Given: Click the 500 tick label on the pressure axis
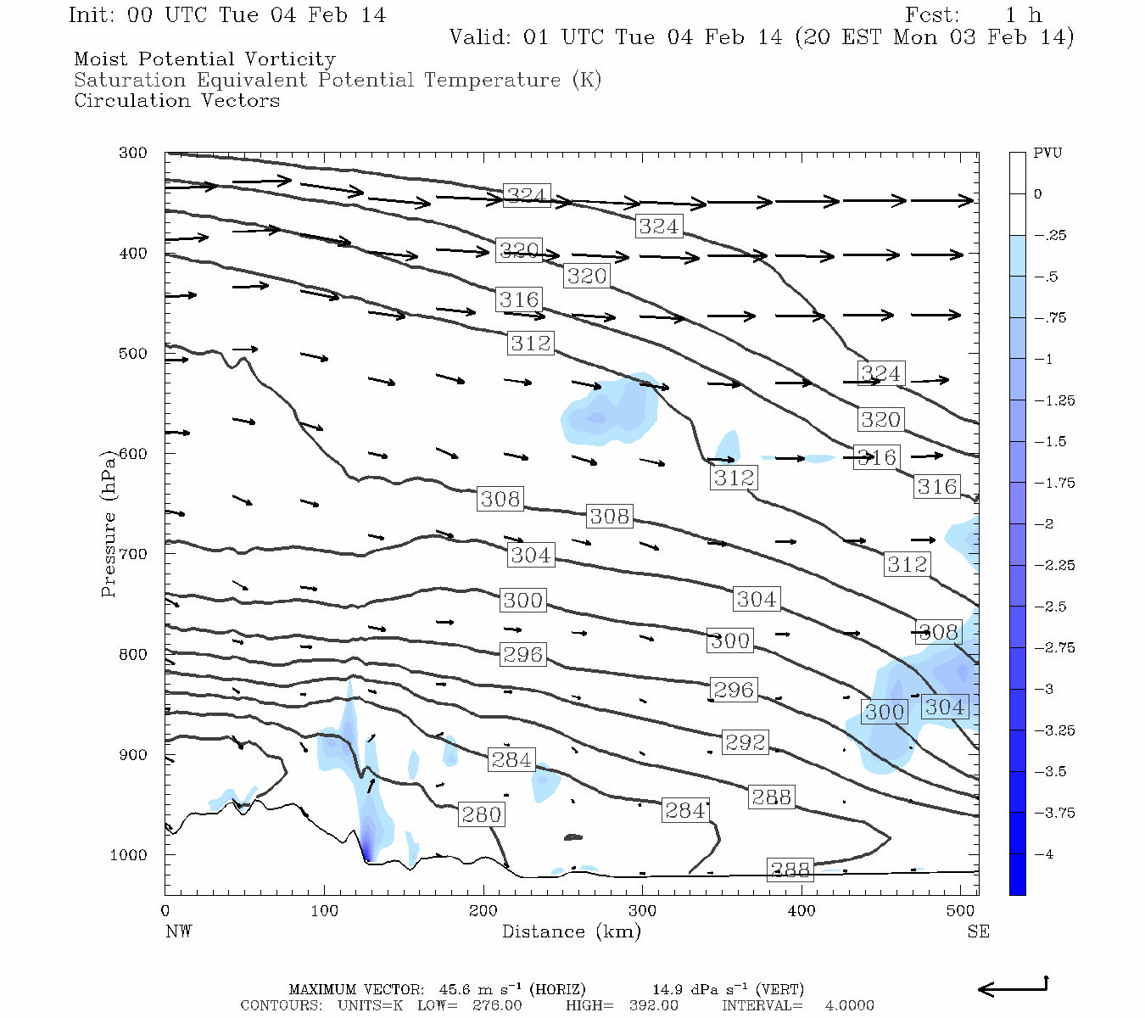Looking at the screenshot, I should tap(132, 354).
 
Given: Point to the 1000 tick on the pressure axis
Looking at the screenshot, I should tap(129, 855).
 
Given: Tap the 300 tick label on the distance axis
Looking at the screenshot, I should tap(642, 911).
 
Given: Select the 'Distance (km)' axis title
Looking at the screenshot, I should tap(571, 931).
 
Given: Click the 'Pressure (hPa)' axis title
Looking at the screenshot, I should tap(108, 523).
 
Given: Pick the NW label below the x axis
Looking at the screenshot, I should tap(178, 931).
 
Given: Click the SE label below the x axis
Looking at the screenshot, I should tap(978, 931).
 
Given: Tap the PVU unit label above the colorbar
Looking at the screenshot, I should tap(1047, 154).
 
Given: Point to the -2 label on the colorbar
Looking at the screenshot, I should tap(1043, 524).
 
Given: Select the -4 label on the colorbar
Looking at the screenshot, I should tap(1043, 854).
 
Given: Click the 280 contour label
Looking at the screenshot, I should tap(482, 815).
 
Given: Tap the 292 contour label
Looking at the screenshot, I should tap(746, 742).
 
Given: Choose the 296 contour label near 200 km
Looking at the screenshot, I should tap(522, 655).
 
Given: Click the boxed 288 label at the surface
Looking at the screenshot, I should tap(790, 870).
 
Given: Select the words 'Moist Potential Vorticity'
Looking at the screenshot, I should tap(204, 59).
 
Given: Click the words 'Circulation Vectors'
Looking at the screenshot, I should tap(176, 101).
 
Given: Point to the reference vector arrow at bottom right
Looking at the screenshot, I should tap(1014, 987).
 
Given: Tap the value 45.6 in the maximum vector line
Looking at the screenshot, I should tap(454, 990).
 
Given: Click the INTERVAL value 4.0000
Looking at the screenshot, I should tap(849, 1005).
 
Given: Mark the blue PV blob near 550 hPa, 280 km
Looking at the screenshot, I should tap(609, 411).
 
